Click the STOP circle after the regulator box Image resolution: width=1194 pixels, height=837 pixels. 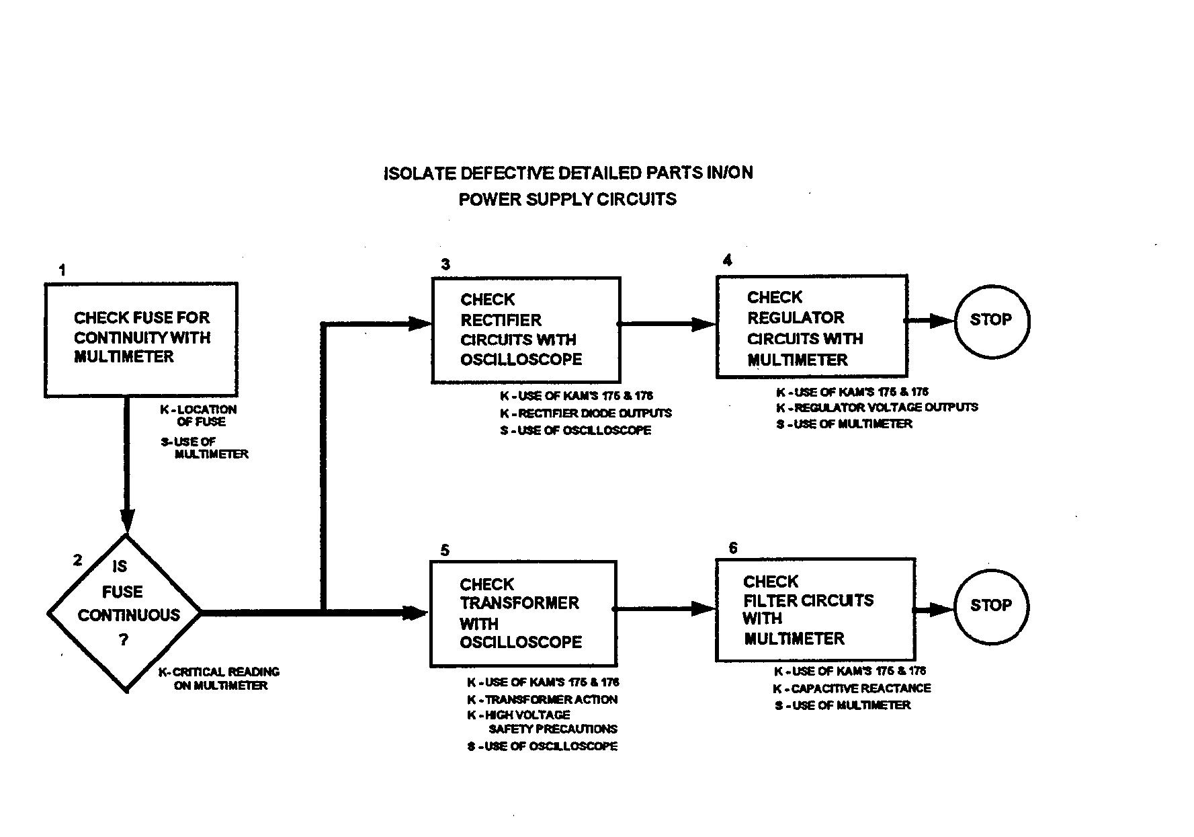click(991, 321)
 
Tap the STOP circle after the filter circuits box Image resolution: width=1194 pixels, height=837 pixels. click(991, 606)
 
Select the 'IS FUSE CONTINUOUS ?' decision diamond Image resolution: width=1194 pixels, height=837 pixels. click(125, 612)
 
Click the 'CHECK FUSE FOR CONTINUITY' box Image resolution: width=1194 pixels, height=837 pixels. click(141, 339)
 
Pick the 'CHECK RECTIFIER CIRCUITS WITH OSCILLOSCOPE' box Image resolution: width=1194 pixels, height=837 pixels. click(525, 329)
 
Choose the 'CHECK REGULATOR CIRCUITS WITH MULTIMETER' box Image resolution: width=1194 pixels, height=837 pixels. click(812, 326)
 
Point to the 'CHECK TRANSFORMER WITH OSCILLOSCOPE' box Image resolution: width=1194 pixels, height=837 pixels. click(523, 613)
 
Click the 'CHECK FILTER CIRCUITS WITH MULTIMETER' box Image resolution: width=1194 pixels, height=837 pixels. click(815, 609)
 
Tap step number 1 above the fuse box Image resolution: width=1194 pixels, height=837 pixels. click(62, 271)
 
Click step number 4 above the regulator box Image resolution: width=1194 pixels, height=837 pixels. click(727, 261)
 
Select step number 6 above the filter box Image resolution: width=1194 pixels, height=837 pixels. click(732, 548)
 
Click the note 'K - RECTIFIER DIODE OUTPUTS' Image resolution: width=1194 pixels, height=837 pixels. click(585, 413)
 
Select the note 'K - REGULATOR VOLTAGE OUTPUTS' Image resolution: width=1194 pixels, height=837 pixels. click(877, 407)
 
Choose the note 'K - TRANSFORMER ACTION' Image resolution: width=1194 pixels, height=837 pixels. click(542, 700)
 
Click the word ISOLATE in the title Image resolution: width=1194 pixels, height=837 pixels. click(419, 173)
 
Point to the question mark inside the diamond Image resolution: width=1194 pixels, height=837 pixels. click(124, 640)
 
